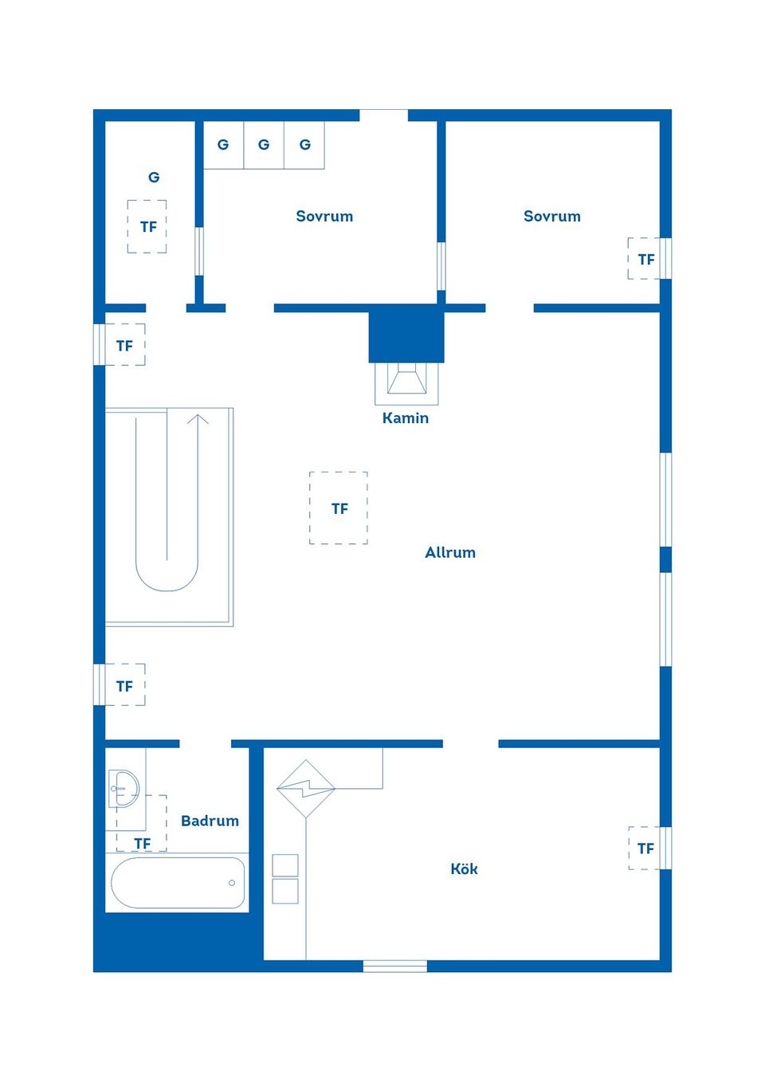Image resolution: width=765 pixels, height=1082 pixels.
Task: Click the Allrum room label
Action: (450, 552)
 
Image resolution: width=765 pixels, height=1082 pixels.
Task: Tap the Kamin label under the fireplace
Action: (405, 418)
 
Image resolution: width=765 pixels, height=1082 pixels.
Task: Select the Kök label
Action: (464, 868)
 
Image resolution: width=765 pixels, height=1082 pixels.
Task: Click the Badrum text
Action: (210, 821)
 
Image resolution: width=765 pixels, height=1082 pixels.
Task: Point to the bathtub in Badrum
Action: (178, 882)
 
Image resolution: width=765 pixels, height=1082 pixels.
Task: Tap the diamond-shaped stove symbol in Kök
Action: (305, 789)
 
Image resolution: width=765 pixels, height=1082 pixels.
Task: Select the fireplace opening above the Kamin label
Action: (406, 381)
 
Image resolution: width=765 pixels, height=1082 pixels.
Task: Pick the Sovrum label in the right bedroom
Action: (551, 216)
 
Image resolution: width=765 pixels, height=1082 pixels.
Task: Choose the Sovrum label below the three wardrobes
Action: (324, 216)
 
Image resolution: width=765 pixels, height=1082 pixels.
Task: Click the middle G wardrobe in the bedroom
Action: (264, 145)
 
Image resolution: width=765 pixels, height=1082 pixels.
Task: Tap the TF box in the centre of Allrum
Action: (339, 508)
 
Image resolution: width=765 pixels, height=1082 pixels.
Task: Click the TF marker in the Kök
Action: (645, 849)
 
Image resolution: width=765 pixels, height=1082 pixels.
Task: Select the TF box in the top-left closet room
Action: (147, 227)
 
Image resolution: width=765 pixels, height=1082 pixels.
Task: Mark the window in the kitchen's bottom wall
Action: (395, 966)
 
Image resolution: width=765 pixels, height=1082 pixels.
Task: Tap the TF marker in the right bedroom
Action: (645, 259)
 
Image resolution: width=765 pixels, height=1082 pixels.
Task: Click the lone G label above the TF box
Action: (154, 178)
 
